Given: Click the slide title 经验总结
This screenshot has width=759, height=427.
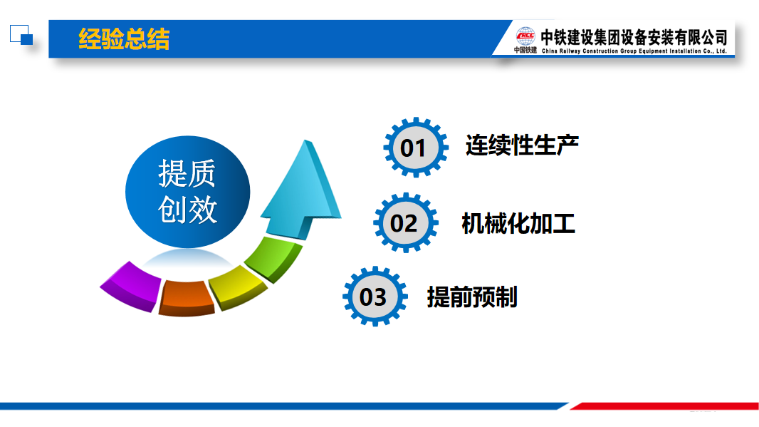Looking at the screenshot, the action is (124, 38).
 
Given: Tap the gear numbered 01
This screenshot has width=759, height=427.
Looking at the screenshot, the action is (415, 148).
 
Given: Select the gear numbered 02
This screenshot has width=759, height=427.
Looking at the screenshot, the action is (406, 223).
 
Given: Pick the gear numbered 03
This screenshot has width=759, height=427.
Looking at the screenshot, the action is (375, 296).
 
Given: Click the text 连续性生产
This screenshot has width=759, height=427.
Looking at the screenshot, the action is (522, 145).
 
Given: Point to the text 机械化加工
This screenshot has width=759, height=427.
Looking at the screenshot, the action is (518, 223).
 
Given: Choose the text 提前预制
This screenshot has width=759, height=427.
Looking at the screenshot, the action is (472, 297).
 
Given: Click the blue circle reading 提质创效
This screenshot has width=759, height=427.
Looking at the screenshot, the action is (188, 192).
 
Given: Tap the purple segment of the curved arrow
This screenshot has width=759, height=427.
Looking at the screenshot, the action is (131, 287).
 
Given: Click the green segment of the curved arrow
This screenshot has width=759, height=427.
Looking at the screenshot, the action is (273, 257).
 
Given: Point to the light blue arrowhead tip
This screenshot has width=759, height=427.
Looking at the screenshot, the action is (305, 140).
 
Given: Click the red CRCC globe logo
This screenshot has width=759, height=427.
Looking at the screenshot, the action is (525, 36).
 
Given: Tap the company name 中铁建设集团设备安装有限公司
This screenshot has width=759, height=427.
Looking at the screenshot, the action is (634, 37).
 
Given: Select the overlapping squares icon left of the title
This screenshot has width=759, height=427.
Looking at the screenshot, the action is (21, 35).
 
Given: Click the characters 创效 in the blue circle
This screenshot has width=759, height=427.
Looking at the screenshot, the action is (187, 210).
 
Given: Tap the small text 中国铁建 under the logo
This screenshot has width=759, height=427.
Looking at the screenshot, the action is (525, 50).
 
